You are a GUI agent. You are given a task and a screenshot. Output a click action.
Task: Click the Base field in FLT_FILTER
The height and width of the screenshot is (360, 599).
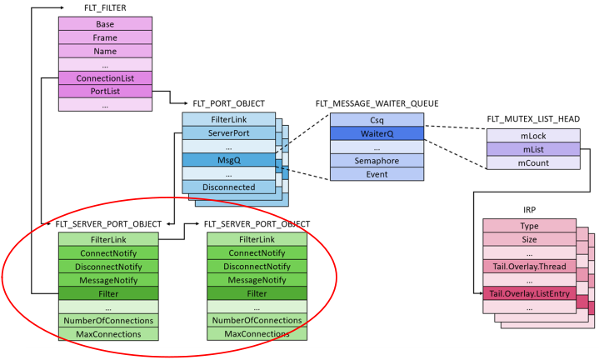point(105,24)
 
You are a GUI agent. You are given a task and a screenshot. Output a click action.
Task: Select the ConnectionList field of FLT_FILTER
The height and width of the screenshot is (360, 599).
point(105,77)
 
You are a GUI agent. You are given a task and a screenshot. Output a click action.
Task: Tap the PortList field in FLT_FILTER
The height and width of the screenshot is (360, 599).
point(105,91)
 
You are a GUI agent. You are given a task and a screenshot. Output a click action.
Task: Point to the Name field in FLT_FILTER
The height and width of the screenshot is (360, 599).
point(105,51)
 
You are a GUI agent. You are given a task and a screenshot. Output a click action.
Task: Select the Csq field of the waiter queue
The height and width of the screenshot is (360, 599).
point(377,119)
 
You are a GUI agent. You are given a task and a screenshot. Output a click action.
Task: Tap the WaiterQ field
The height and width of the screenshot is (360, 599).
point(377,132)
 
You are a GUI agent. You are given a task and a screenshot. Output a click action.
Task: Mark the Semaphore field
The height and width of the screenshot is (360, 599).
point(377,160)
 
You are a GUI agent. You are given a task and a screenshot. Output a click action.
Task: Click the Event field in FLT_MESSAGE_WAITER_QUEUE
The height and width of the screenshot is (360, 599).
point(377,174)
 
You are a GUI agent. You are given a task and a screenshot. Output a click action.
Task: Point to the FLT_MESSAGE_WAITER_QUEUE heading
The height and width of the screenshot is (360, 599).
point(377,104)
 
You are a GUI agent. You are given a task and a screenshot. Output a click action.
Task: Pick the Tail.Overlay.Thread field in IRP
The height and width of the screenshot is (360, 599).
point(528,266)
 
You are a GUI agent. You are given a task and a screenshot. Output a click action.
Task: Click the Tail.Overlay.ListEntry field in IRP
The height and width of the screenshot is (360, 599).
point(528,293)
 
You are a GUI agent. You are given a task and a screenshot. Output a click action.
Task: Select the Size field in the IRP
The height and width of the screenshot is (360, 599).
point(528,239)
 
